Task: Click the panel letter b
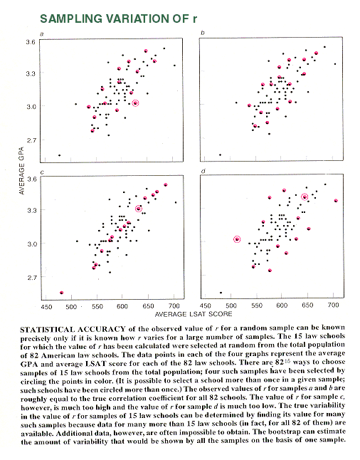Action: [x=202, y=33]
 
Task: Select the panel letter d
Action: [x=203, y=171]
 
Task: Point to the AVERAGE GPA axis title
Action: [x=21, y=170]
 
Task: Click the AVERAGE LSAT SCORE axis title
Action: [x=194, y=314]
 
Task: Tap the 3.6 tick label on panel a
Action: [x=30, y=42]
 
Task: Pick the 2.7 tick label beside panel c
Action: [x=32, y=277]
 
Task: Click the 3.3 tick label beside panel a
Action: [x=30, y=73]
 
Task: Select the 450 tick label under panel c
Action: [x=46, y=307]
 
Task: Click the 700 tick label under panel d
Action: [x=334, y=305]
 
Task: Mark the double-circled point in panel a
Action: [x=135, y=103]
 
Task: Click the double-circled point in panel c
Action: [x=139, y=209]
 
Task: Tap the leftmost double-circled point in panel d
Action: [x=237, y=239]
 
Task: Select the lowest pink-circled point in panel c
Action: [x=62, y=293]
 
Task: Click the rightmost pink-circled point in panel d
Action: [x=336, y=201]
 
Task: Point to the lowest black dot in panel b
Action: [x=220, y=155]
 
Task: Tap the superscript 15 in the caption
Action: [x=287, y=361]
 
